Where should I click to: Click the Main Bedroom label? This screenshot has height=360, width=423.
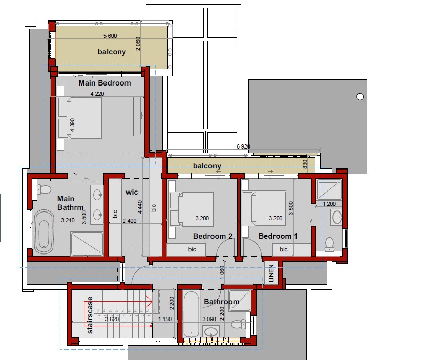click(104, 83)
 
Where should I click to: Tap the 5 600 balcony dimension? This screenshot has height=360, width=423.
click(110, 36)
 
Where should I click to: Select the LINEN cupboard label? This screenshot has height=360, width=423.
click(271, 273)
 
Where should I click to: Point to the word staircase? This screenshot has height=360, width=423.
click(90, 315)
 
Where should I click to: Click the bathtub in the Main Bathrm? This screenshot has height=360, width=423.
click(44, 232)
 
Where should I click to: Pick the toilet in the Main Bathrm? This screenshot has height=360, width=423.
click(44, 189)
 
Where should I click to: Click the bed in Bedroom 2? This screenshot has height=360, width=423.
click(191, 209)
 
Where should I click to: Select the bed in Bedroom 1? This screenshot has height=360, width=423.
click(264, 208)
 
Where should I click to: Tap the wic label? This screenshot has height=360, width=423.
click(132, 192)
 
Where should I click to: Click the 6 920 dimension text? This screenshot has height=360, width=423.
click(243, 146)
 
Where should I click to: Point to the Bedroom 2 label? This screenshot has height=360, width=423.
click(213, 236)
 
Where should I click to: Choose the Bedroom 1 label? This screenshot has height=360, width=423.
click(278, 236)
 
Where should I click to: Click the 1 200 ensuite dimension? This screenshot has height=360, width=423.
click(329, 204)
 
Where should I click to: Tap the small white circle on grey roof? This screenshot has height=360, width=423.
click(360, 97)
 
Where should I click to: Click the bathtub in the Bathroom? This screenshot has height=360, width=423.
click(191, 314)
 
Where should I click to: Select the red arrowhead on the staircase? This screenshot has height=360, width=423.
click(149, 301)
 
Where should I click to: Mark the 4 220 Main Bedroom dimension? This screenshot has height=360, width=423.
click(97, 94)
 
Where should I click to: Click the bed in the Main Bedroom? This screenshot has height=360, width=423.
click(79, 118)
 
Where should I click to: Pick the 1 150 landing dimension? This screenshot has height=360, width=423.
click(165, 319)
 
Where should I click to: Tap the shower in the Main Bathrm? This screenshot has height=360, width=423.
click(87, 244)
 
